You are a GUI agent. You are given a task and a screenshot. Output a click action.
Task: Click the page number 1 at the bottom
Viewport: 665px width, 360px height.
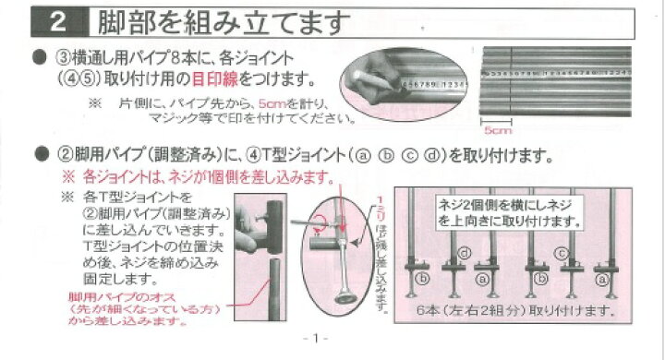click(315, 338)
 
